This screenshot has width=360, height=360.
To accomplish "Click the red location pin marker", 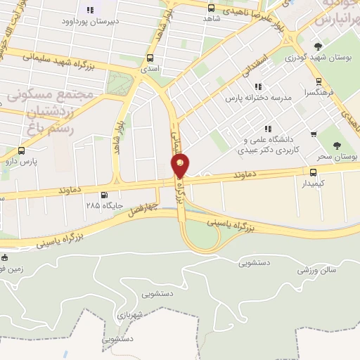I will (180, 166).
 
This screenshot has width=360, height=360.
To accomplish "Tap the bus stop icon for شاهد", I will (212, 8).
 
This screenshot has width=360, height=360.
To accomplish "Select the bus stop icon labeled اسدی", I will (149, 59).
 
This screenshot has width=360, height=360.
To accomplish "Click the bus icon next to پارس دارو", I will (21, 150).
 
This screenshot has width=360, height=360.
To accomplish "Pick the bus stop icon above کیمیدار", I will (314, 171).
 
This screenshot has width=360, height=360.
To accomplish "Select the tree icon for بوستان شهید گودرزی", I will (318, 48).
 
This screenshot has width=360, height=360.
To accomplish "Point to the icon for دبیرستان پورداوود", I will (89, 10).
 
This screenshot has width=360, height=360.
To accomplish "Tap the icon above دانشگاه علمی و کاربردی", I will (267, 129).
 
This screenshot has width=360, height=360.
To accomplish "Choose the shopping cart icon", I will (313, 134).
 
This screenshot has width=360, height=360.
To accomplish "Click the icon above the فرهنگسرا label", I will (319, 81).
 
